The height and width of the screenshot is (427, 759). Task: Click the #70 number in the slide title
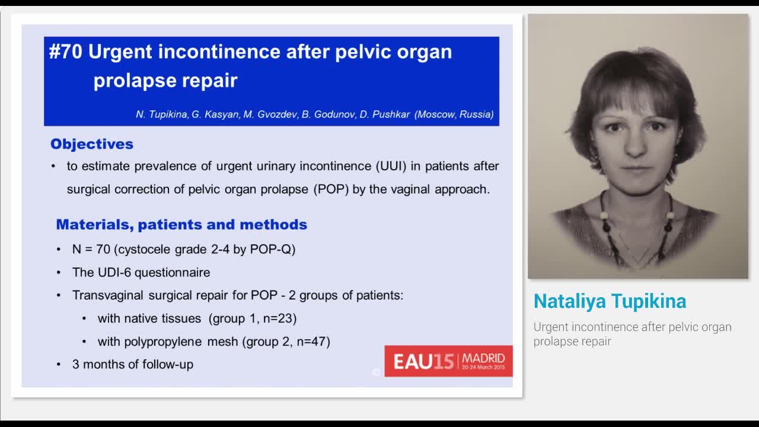click(x=66, y=52)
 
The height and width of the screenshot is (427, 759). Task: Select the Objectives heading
click(x=92, y=144)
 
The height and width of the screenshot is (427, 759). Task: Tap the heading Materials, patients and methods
click(x=181, y=225)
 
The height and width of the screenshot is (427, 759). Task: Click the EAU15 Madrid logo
click(x=448, y=361)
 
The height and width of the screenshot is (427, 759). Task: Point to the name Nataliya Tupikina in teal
click(x=610, y=301)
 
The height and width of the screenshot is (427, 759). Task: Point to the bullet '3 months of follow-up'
click(x=133, y=364)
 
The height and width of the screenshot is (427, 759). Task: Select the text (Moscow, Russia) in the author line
click(x=454, y=114)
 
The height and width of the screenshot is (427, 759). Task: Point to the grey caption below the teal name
click(x=632, y=334)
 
